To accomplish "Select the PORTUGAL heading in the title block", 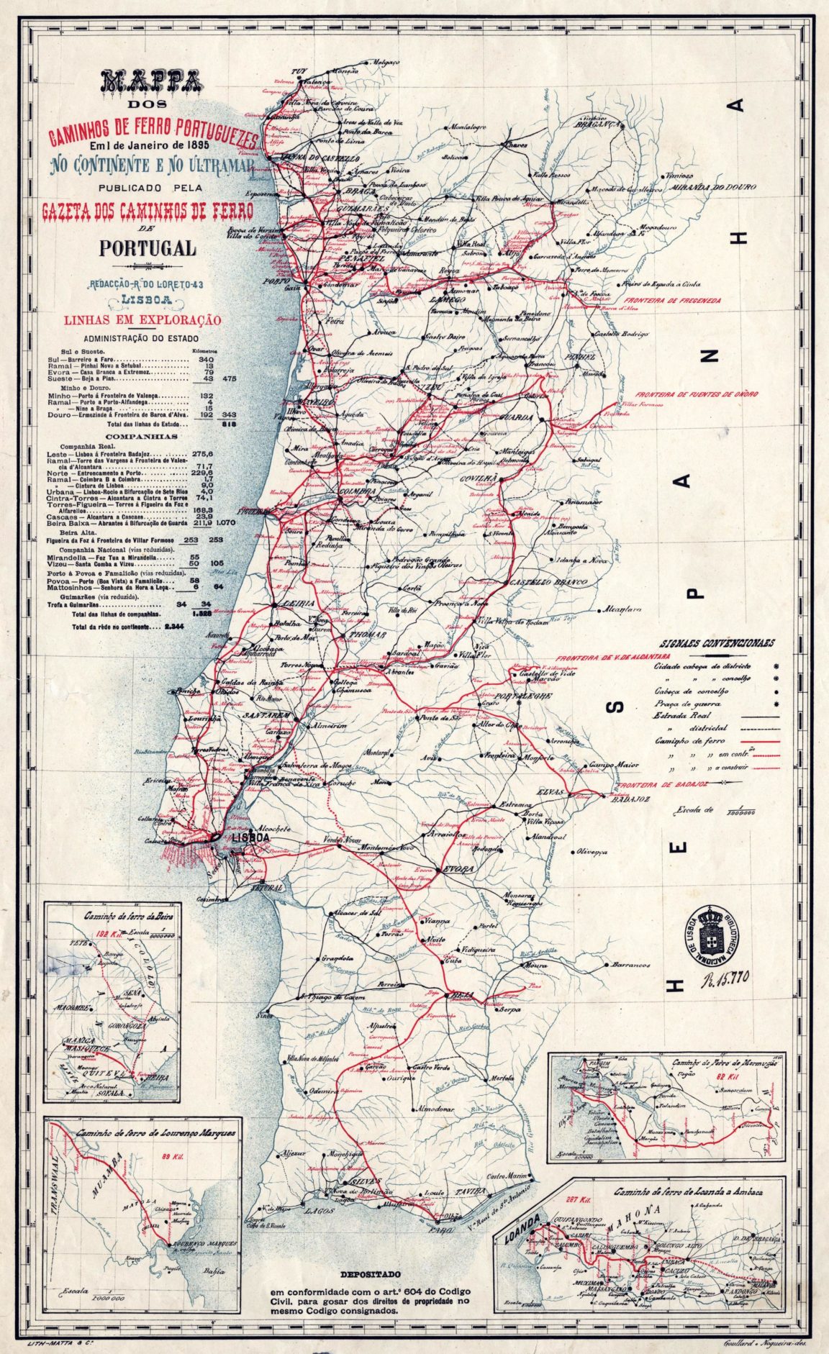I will tap(148, 247).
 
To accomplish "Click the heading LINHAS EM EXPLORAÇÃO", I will tap(144, 321).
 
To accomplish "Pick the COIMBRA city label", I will tap(357, 491).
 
